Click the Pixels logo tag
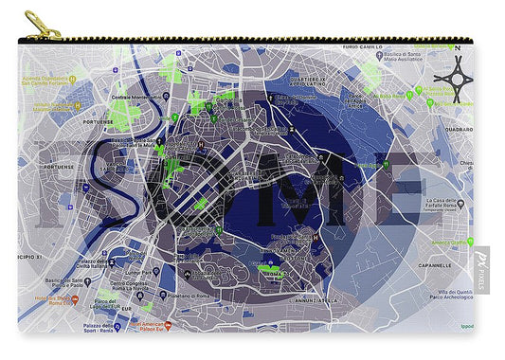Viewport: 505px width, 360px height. pos(482,270)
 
